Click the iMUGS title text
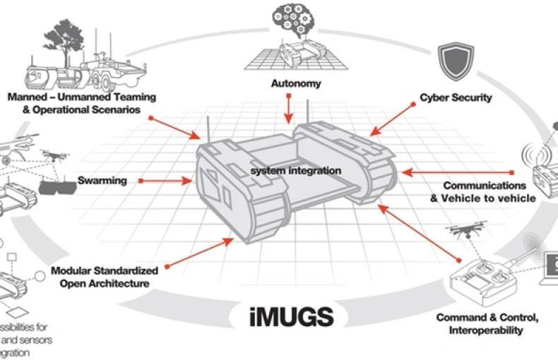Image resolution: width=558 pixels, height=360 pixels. point(291,315)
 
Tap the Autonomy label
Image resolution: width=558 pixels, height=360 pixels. point(296,83)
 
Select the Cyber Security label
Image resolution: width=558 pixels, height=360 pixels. point(456,97)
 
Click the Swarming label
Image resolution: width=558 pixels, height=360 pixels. point(102,181)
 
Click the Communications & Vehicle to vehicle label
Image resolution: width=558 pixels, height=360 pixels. point(488,191)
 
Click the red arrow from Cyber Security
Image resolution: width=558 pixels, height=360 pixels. point(391,118)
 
